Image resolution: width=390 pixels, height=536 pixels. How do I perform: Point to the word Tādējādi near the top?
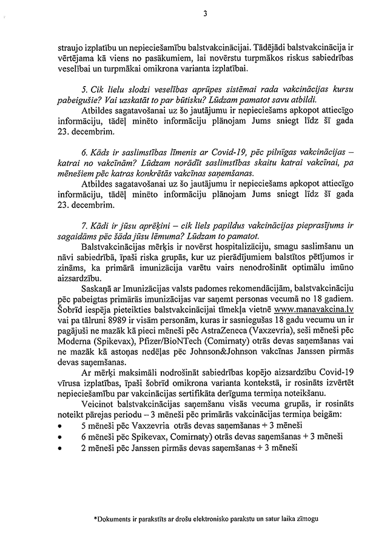[x=249, y=44]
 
